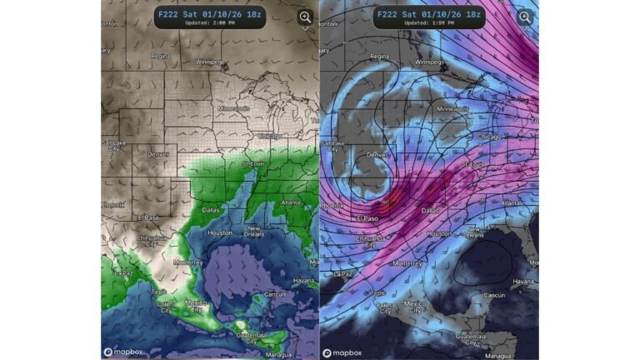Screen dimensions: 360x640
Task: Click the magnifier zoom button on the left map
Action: coord(305,17)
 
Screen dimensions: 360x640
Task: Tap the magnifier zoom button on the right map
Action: coord(524,17)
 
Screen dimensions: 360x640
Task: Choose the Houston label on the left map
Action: coord(220,232)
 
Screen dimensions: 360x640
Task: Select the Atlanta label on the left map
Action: coord(292,202)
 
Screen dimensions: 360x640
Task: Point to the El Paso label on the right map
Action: coord(367,218)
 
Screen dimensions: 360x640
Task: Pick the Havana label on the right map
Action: coord(523,280)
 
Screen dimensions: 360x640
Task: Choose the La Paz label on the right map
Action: coord(342,272)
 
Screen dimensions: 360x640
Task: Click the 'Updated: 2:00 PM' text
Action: coord(209,23)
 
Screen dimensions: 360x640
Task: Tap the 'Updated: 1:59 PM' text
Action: coord(427,23)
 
